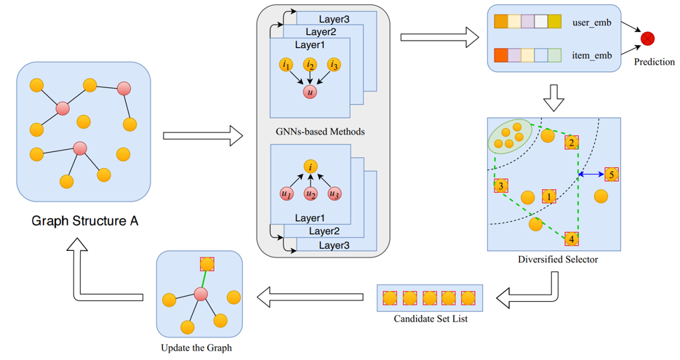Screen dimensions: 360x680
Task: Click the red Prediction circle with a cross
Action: tap(647, 39)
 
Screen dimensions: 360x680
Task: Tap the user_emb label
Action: tap(592, 23)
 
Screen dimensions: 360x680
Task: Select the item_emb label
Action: tap(592, 55)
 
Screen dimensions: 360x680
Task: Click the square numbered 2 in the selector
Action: tap(572, 143)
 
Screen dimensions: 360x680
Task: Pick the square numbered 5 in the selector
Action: tap(611, 175)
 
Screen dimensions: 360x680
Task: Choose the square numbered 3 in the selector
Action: tap(501, 187)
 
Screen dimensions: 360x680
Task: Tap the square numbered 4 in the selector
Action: tap(572, 239)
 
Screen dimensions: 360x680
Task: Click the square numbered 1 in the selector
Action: tap(548, 196)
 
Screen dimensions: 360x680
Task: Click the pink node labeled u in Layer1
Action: tap(311, 92)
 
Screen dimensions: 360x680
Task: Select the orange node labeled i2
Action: tap(311, 65)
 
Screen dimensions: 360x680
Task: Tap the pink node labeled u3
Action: tap(334, 194)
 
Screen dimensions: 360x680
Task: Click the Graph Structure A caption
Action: tap(84, 220)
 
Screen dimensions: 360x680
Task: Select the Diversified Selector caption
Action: tap(558, 260)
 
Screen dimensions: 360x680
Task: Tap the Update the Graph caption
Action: tap(196, 348)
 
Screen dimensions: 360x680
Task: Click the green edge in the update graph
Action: tap(204, 279)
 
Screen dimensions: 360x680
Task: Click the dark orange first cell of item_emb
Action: tap(501, 55)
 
